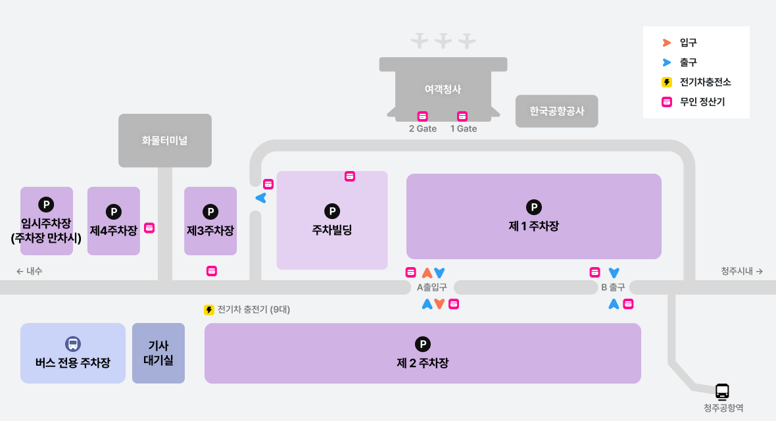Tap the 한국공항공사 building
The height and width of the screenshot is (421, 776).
coord(557,111)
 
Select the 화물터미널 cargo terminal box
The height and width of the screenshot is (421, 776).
coord(165,140)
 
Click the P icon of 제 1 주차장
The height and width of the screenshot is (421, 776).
coord(534,207)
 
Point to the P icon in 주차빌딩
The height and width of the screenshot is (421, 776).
coord(332,211)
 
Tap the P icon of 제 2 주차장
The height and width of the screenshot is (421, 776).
coord(423,344)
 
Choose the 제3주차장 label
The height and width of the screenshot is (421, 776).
coord(210,231)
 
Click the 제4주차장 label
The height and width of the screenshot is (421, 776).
coord(114,231)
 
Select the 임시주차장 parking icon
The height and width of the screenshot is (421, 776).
coord(46,205)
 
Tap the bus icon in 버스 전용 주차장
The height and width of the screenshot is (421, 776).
coord(72,344)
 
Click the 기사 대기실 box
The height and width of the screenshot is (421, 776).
coord(158,353)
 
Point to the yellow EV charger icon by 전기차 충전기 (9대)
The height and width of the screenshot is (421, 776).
coord(209,310)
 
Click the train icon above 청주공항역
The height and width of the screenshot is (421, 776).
coord(722,391)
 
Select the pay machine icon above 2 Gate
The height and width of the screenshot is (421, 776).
coord(423,116)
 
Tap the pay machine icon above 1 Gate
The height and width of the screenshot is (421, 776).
coord(462,116)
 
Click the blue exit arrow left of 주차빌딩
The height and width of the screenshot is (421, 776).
coord(260,198)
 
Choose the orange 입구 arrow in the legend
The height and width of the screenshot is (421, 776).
coord(666,43)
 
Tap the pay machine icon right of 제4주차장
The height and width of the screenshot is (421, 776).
coord(149,228)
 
